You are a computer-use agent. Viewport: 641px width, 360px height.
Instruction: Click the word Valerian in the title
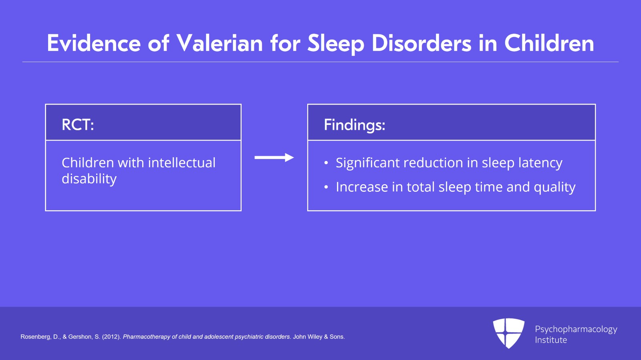tap(220, 43)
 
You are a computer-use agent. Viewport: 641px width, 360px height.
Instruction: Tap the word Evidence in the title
tap(94, 43)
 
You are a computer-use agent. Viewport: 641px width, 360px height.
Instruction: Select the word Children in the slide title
tap(549, 43)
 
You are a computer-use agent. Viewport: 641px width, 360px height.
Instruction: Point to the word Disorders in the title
tap(421, 43)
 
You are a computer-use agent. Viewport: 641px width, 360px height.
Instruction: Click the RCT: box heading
tap(78, 125)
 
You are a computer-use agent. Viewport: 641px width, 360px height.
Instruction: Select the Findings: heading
tap(355, 125)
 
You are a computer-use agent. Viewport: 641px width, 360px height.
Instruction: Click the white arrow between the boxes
tap(274, 157)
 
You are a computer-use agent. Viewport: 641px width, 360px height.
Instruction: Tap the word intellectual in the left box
tap(182, 163)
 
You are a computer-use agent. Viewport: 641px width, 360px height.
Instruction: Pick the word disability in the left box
tap(89, 179)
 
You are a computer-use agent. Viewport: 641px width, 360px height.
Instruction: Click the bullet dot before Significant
tap(326, 163)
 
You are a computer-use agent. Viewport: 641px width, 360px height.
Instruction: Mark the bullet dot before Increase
tap(326, 187)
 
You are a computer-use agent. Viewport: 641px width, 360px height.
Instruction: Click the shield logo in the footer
tap(508, 333)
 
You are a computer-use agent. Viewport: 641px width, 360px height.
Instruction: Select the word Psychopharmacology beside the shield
tap(576, 330)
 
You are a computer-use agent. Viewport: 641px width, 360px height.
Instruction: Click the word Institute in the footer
tap(551, 340)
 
